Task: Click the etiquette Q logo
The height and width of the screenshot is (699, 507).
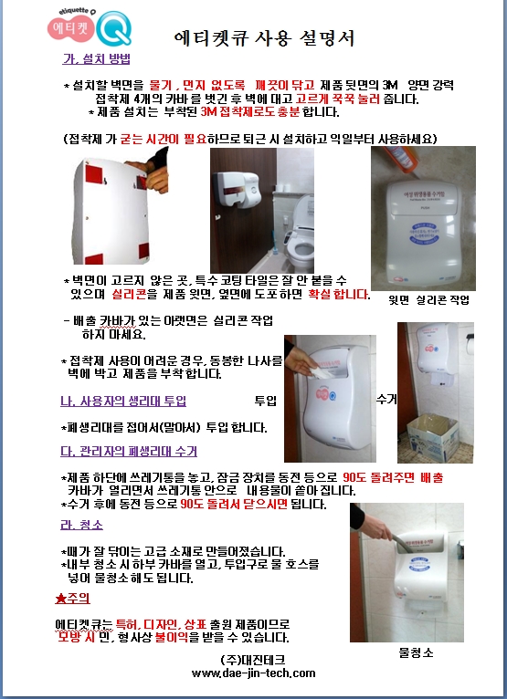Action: pyautogui.click(x=90, y=27)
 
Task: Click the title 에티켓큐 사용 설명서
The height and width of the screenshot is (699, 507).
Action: pyautogui.click(x=265, y=38)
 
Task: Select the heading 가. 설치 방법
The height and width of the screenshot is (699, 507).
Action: pyautogui.click(x=97, y=58)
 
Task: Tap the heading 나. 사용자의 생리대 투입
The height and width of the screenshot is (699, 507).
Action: pyautogui.click(x=123, y=402)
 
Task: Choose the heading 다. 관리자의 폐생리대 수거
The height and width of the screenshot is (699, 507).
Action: pyautogui.click(x=129, y=451)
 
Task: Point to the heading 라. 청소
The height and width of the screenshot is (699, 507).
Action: pyautogui.click(x=81, y=525)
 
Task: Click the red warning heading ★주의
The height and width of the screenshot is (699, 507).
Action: pyautogui.click(x=73, y=599)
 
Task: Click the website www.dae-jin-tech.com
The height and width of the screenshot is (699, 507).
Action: pyautogui.click(x=254, y=673)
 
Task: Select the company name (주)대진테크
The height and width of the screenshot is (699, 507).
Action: pyautogui.click(x=253, y=660)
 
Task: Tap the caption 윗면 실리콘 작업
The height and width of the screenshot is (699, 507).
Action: pyautogui.click(x=429, y=300)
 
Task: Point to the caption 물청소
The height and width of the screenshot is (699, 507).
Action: pyautogui.click(x=416, y=653)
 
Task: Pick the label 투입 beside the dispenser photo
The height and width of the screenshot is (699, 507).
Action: pyautogui.click(x=266, y=401)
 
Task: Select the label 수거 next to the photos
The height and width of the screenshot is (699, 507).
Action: pyautogui.click(x=386, y=399)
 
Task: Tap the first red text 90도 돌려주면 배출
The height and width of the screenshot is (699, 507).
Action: pyautogui.click(x=393, y=477)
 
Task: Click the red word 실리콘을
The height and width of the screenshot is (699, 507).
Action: pyautogui.click(x=135, y=294)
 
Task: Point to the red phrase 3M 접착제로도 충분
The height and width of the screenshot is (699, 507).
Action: pyautogui.click(x=250, y=111)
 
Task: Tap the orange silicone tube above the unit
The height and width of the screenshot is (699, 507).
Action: pyautogui.click(x=399, y=159)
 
